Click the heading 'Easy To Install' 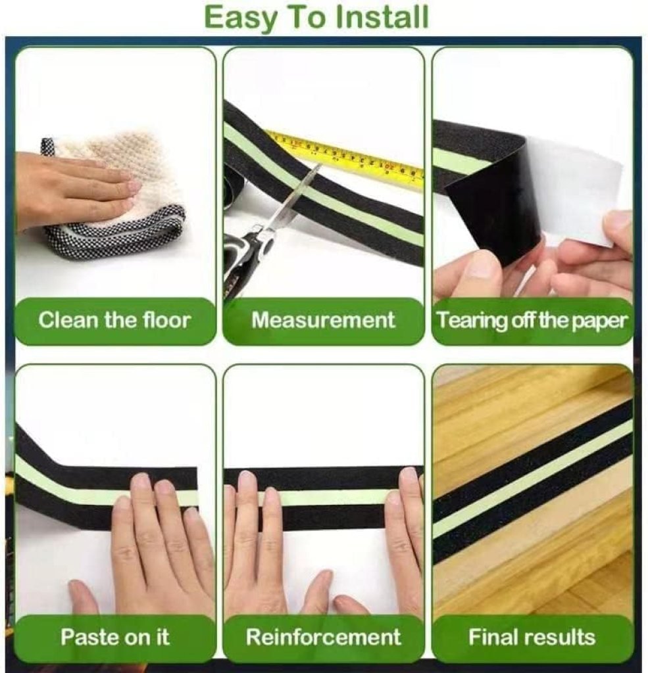tap(316, 18)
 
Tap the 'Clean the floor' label tap(114, 320)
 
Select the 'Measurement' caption tap(323, 320)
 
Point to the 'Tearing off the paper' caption tap(532, 321)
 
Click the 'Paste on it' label tap(115, 637)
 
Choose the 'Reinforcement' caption tap(323, 637)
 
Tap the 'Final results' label tap(532, 637)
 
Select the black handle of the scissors tap(245, 258)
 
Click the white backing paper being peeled tap(576, 189)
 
